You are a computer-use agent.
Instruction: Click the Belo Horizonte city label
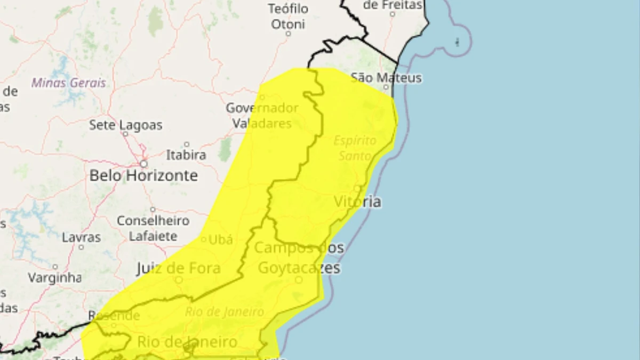143,175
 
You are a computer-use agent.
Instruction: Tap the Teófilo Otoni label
288,17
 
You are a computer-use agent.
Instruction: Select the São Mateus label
386,78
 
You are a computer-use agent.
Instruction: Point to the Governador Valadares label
262,115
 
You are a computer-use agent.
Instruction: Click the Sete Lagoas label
125,125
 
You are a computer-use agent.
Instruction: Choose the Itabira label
186,155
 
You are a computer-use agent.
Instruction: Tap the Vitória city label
357,202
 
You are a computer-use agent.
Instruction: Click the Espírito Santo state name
355,148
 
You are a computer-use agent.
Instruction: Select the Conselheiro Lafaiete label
153,228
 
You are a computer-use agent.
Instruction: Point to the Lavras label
81,237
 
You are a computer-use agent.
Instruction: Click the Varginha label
54,277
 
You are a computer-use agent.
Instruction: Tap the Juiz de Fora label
179,268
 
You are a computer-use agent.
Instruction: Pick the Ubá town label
220,240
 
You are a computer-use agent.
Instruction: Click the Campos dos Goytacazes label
299,258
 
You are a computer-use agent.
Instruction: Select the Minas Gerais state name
68,83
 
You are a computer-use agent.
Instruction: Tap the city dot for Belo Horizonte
143,164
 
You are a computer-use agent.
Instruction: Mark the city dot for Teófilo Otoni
288,33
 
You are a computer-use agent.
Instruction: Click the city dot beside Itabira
186,145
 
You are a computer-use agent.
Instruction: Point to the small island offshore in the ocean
457,42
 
